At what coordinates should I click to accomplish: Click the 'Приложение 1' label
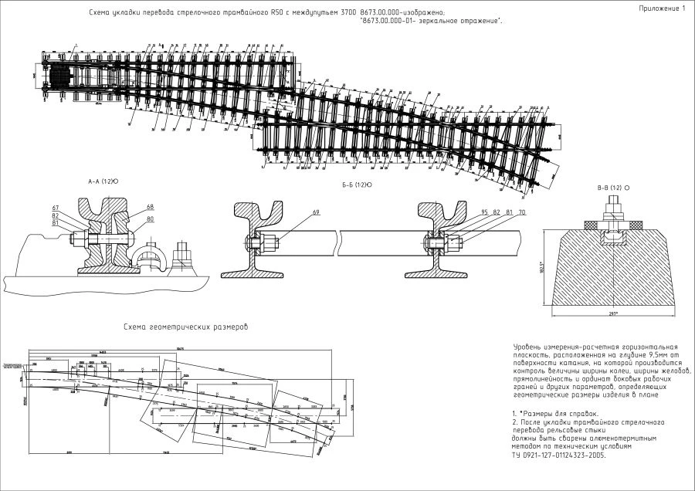[662, 8]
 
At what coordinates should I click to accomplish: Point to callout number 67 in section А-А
[56, 208]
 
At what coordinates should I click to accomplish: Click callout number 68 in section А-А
[150, 206]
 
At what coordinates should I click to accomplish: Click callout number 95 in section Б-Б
[484, 212]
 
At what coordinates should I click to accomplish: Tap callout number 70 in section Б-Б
[522, 212]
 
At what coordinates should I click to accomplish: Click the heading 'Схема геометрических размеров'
[186, 327]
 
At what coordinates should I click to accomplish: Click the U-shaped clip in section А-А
[151, 255]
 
